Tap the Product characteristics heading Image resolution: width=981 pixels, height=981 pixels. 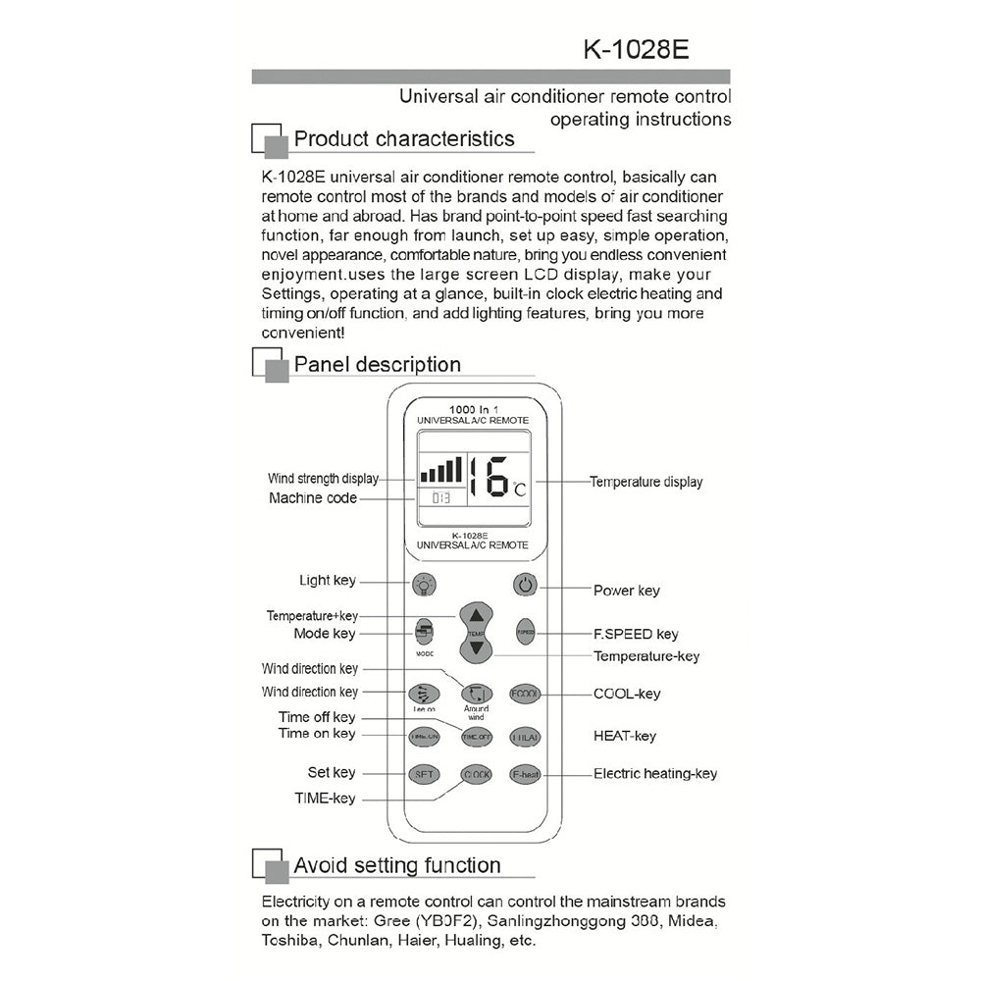[404, 139]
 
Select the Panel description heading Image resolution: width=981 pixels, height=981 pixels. [378, 365]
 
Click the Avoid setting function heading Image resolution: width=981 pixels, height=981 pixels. [397, 865]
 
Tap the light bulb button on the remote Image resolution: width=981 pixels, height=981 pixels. [424, 586]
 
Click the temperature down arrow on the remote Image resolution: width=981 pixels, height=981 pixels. [476, 649]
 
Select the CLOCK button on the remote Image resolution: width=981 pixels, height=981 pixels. [476, 775]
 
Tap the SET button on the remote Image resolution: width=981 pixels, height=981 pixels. [424, 774]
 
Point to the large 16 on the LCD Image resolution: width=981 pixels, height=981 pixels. [490, 475]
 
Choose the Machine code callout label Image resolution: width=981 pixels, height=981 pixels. [313, 498]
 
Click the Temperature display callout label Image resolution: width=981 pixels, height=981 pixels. [645, 482]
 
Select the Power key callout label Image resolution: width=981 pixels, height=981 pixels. [627, 591]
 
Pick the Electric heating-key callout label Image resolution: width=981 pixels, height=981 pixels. [655, 774]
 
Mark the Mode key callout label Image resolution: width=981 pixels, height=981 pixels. [325, 634]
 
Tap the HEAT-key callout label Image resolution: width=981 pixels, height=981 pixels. [625, 736]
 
